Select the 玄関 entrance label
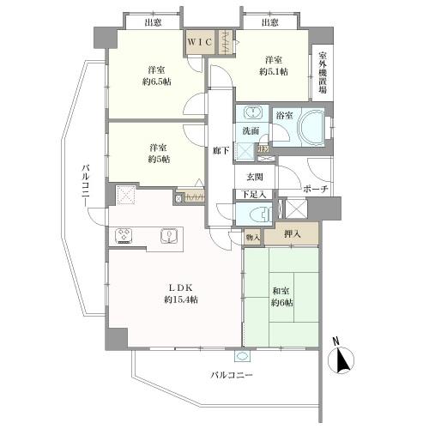pyautogui.click(x=257, y=177)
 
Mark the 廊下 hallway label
pyautogui.click(x=221, y=148)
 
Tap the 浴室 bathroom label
pyautogui.click(x=284, y=114)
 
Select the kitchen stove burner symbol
pyautogui.click(x=124, y=233)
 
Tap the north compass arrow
pyautogui.click(x=343, y=360)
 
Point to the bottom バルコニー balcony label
pyautogui.click(x=233, y=375)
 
